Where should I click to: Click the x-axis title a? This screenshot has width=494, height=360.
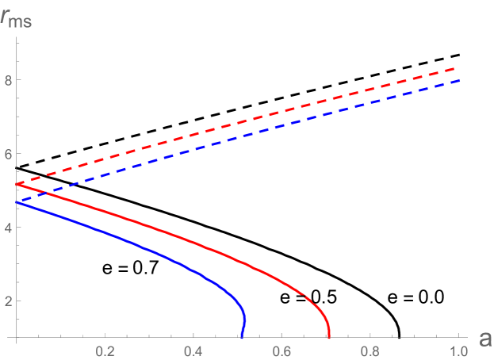[484, 339]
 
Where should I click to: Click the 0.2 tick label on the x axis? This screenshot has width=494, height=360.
[105, 350]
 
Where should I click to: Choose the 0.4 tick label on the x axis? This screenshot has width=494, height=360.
[193, 350]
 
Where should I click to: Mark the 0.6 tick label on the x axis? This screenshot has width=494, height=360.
[281, 350]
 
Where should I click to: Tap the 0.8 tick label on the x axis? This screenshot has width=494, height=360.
[370, 350]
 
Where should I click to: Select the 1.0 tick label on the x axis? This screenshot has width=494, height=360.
[458, 350]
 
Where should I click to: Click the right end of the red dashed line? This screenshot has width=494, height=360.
[458, 68]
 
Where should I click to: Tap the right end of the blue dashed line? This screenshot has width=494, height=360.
[458, 80]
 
